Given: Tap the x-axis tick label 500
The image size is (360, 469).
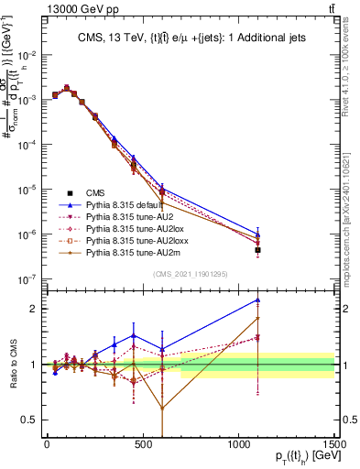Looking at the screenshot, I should click(143, 443).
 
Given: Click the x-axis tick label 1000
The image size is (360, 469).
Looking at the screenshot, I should click(238, 443).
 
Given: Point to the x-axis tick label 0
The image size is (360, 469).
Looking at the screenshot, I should click(47, 443).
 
